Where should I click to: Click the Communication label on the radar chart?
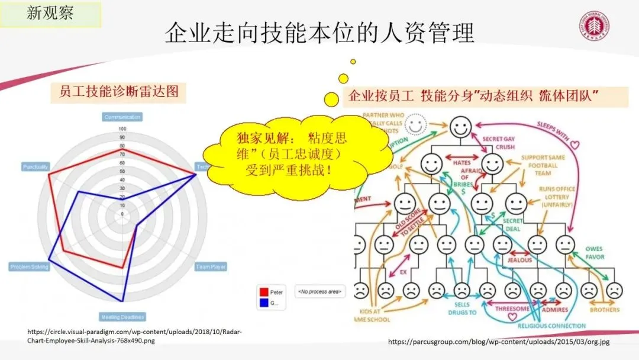coord(122,117)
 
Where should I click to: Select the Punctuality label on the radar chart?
coord(35,167)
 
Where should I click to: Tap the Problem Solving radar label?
coord(29,267)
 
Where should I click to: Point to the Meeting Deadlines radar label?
coord(122,317)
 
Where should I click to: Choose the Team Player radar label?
coord(211,267)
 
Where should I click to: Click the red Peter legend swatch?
coord(263,292)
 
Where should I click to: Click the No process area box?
coord(319,291)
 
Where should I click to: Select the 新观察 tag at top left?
coord(50,14)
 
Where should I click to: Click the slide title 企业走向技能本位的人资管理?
coord(319,33)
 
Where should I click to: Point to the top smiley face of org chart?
coord(460,126)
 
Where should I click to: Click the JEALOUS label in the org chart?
coord(519,259)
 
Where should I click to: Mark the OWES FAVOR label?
coord(594,253)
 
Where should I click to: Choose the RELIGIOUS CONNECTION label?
coord(551,325)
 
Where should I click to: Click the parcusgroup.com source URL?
coord(498,342)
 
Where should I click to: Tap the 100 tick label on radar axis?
coord(122,128)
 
